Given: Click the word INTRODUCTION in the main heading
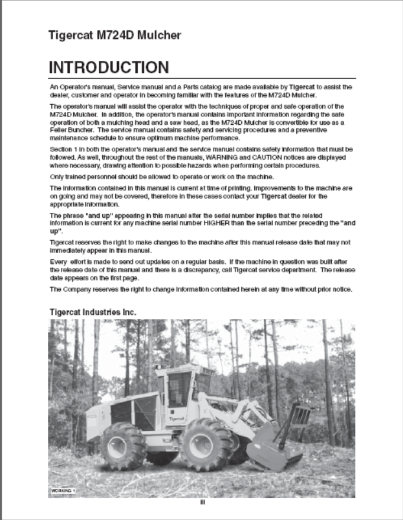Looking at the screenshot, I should coord(109,67).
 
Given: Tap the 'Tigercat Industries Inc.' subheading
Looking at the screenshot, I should coord(93,312).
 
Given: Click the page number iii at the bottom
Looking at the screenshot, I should coord(202,504).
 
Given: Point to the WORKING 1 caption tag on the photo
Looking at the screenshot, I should coord(63,492).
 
